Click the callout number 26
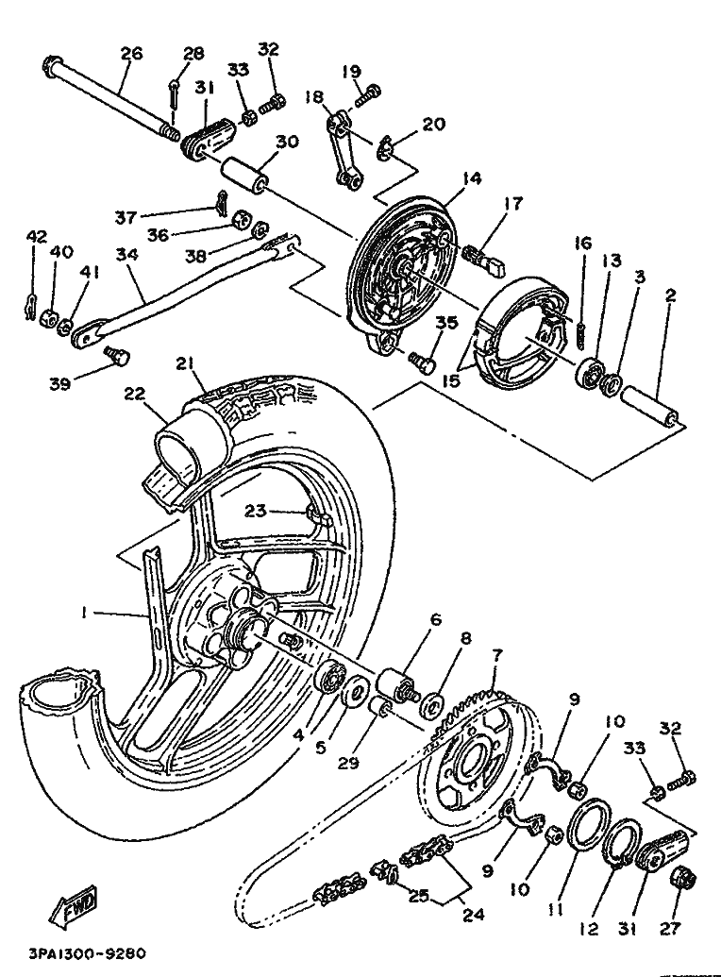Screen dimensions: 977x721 tap(130, 54)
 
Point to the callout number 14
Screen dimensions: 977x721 tap(444, 177)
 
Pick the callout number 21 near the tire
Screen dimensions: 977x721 tap(184, 364)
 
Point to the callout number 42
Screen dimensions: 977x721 tap(35, 236)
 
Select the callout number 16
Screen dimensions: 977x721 tap(582, 243)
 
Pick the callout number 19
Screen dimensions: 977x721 tap(351, 71)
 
